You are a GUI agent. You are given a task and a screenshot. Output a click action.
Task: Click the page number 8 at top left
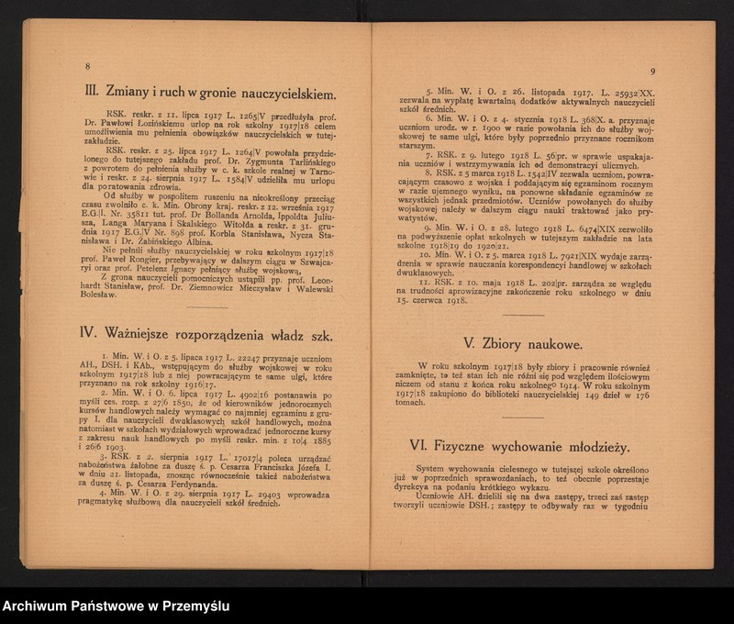87,67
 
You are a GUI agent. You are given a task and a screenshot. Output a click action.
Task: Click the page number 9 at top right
651,72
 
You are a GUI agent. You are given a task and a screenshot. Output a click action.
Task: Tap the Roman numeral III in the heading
93,94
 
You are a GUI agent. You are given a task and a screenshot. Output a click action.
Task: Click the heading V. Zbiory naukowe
521,345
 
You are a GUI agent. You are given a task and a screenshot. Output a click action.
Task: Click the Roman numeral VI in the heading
420,446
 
